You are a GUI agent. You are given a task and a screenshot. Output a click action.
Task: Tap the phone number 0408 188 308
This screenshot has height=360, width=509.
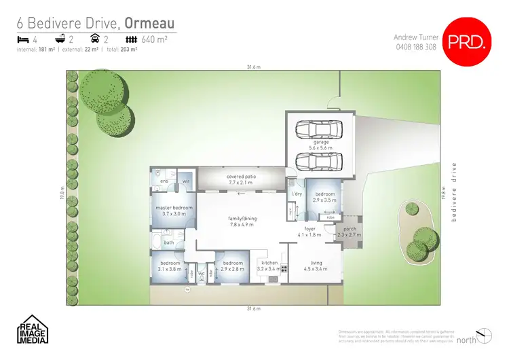[415, 47]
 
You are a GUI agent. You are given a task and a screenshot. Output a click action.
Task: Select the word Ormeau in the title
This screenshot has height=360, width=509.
[150, 22]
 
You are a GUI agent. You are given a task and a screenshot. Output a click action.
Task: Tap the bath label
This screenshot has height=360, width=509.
[169, 243]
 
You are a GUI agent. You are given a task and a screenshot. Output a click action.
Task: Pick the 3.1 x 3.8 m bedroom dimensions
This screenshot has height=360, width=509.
[170, 270]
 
